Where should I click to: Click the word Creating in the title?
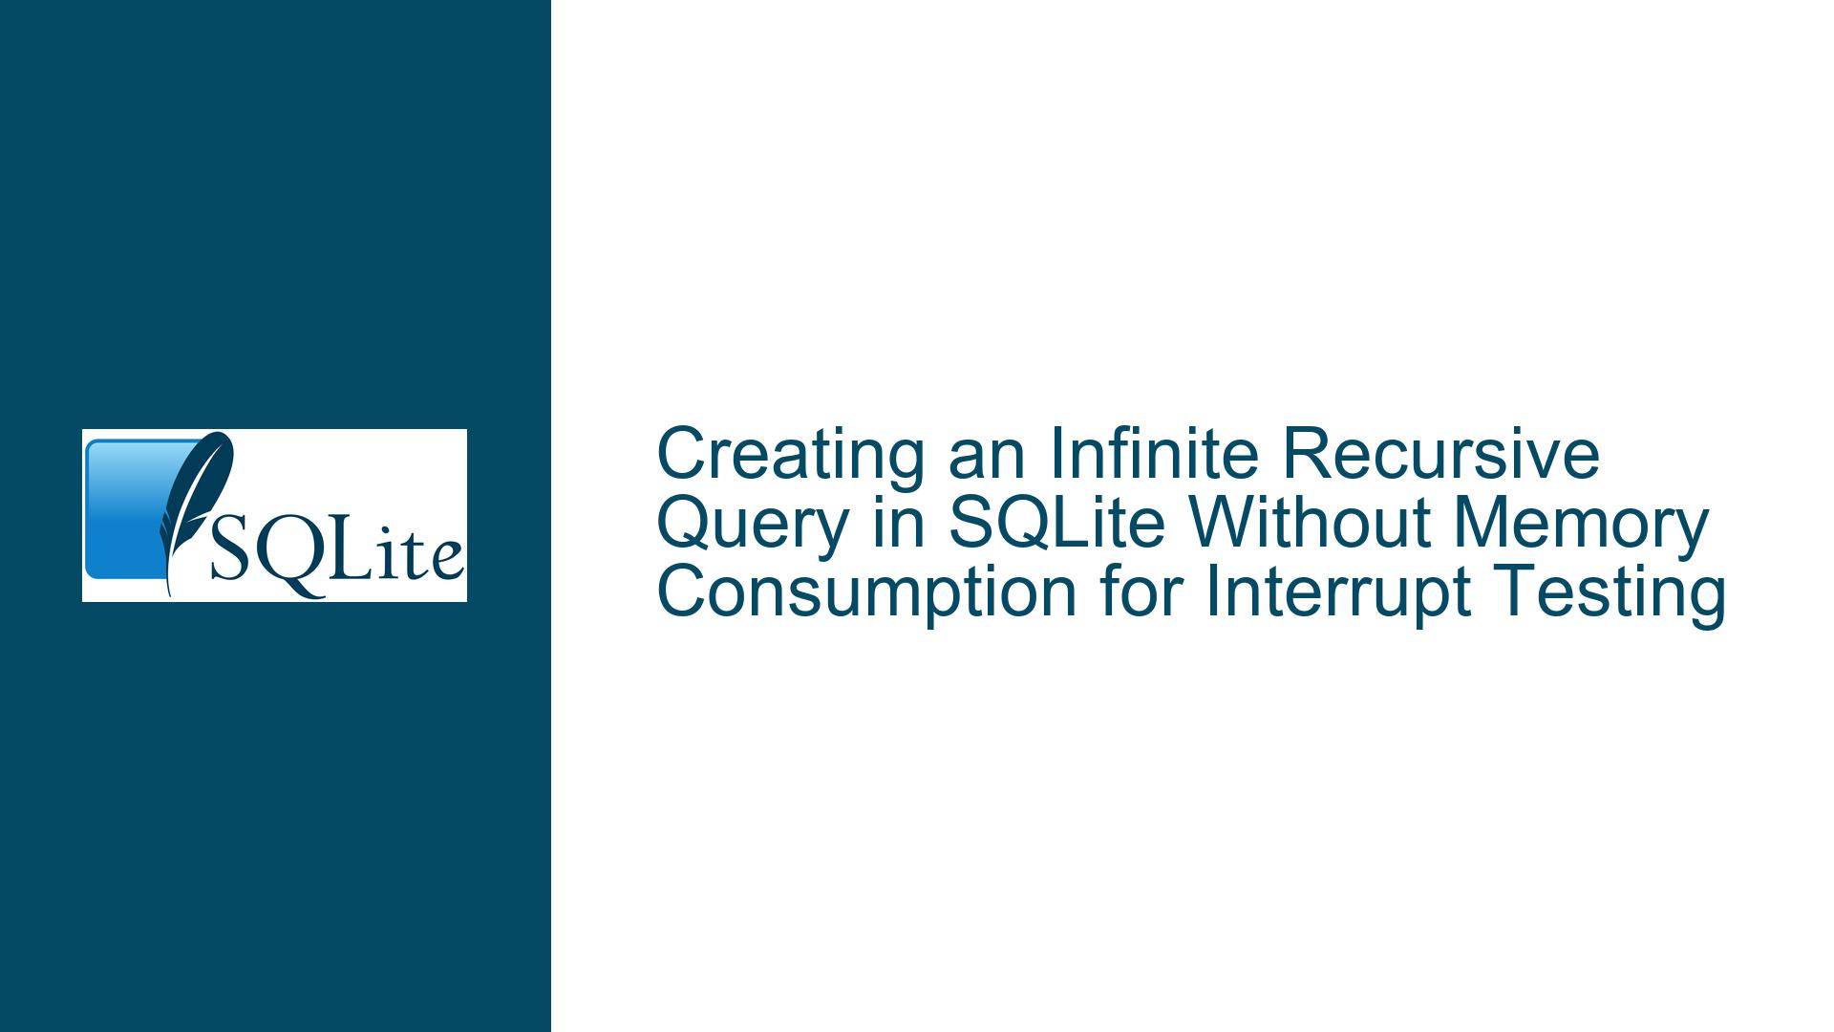(790, 455)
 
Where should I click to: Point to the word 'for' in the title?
(1141, 593)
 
